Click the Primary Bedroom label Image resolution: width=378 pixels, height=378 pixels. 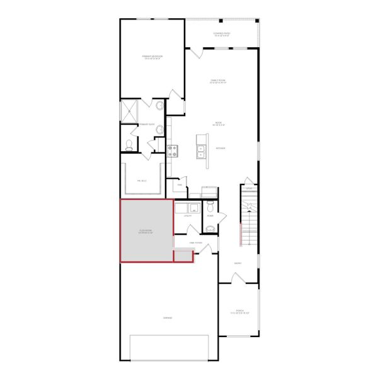152,57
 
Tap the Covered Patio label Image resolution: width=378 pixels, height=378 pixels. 222,35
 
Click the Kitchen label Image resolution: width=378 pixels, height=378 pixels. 221,149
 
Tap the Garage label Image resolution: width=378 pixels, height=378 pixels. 168,318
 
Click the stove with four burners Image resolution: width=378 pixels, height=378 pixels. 173,150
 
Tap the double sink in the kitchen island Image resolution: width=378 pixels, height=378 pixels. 202,150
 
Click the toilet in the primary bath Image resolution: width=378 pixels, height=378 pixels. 129,145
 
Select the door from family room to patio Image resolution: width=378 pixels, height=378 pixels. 196,54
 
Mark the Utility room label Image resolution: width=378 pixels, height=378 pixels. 187,216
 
